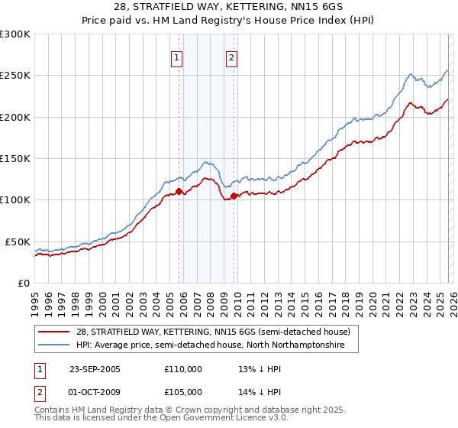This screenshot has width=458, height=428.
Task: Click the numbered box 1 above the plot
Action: (177, 57)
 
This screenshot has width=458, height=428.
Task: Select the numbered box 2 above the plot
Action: (231, 57)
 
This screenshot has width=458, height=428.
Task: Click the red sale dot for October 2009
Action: (234, 196)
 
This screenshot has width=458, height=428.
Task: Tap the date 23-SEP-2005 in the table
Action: (95, 369)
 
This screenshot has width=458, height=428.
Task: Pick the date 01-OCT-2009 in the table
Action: (95, 391)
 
